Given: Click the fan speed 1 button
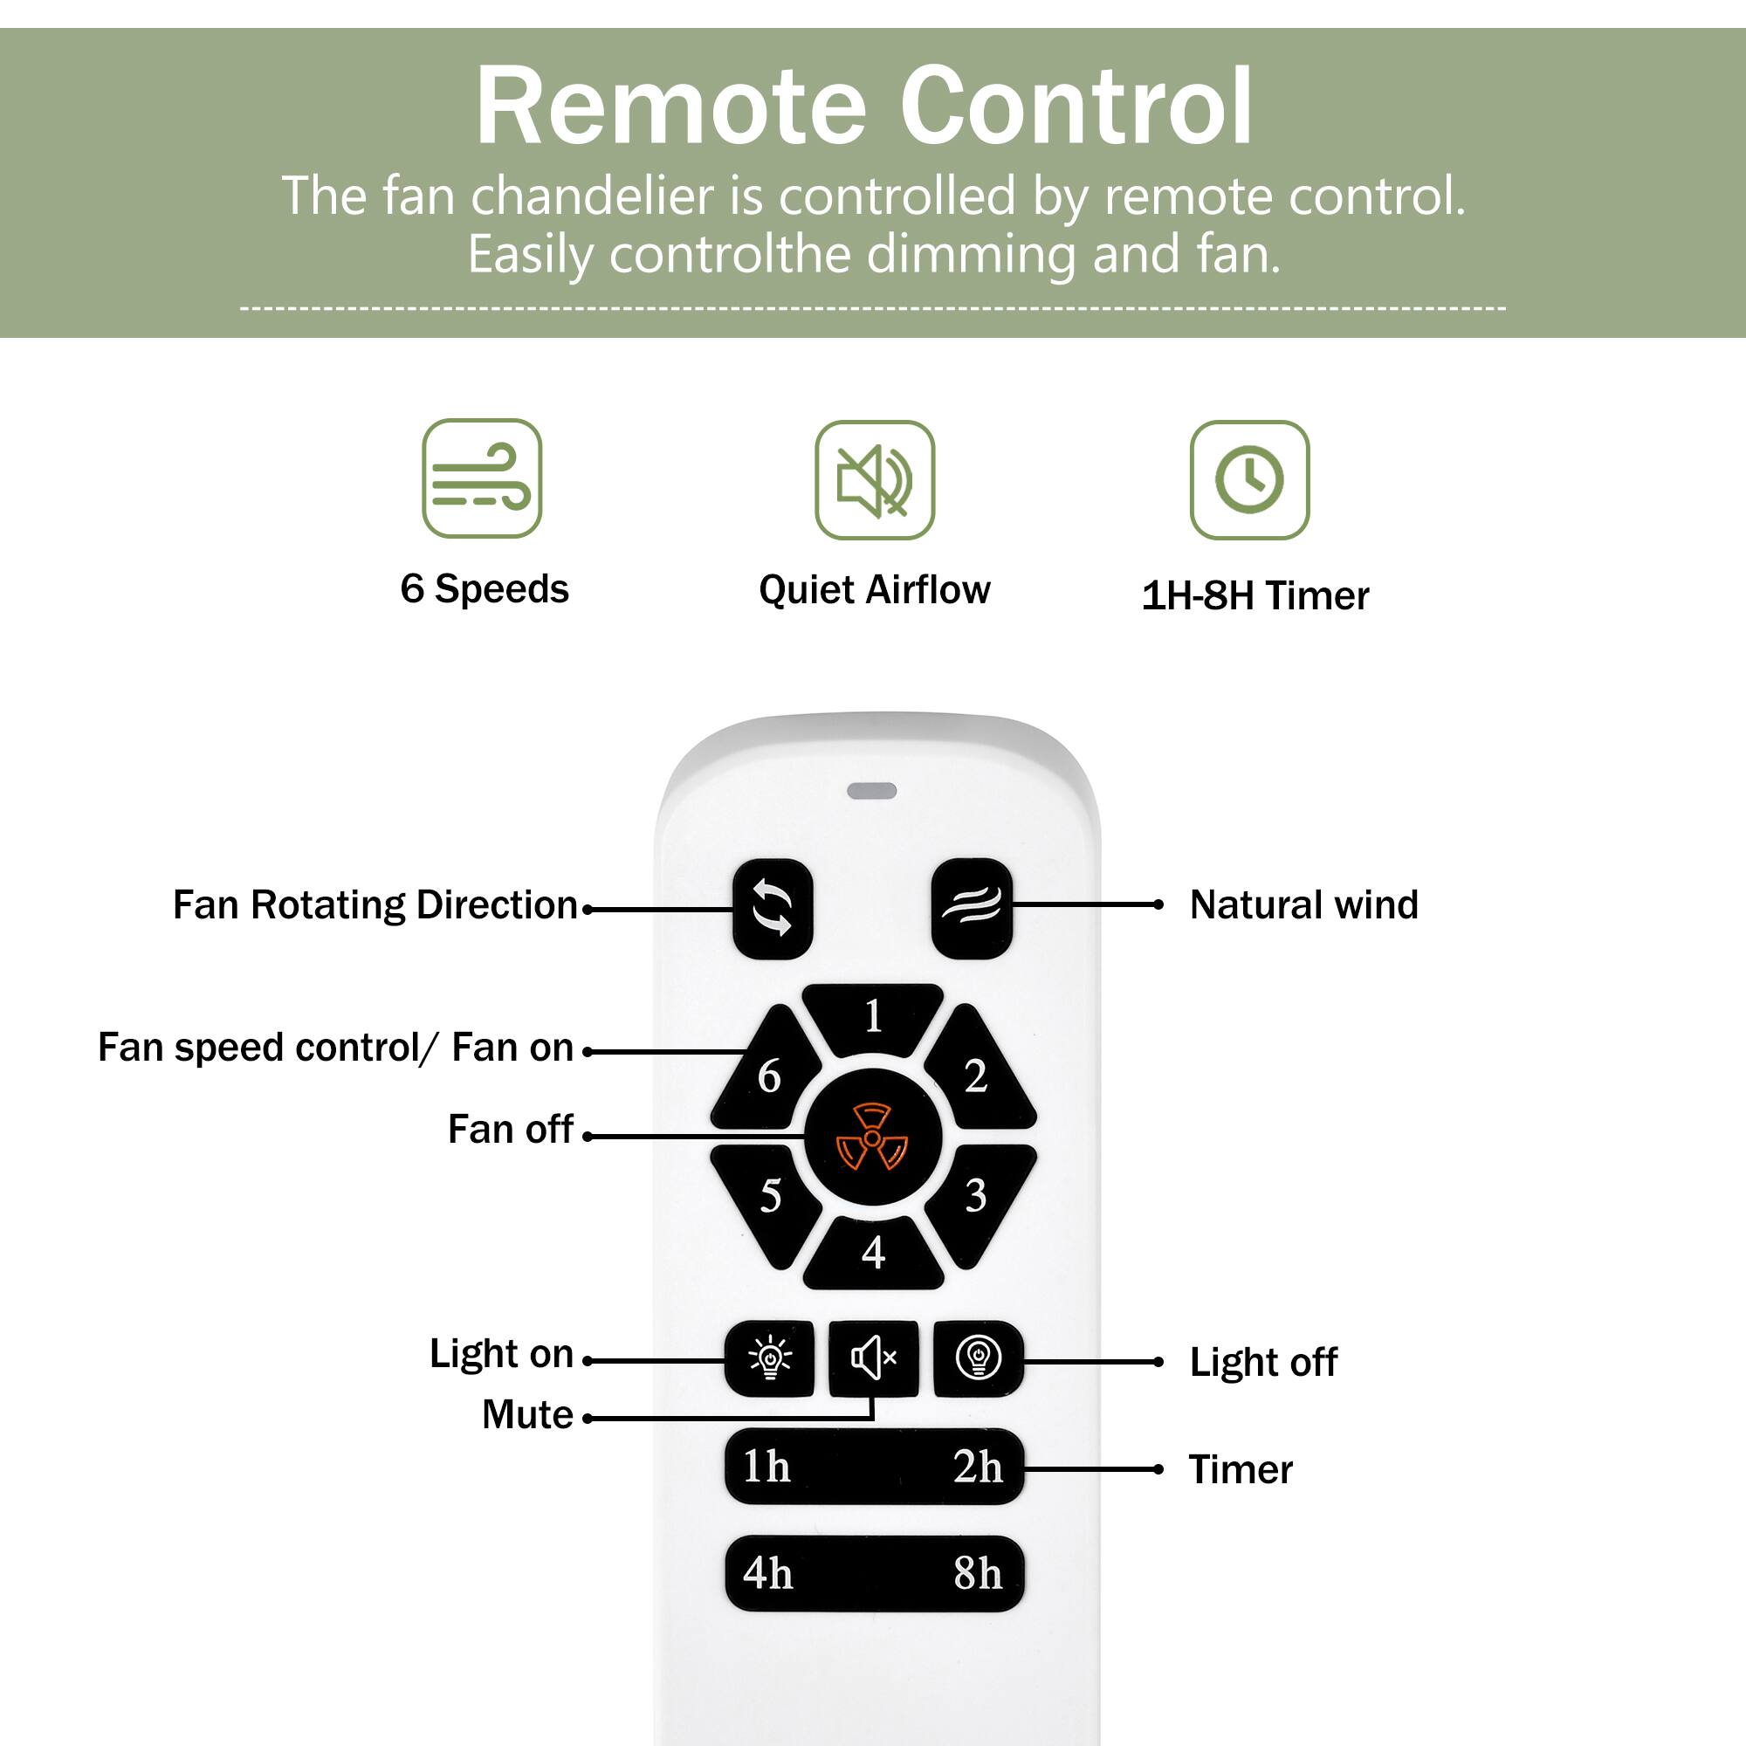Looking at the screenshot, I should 873,1018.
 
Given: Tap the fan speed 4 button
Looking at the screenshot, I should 873,1253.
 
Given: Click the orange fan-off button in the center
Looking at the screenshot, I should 872,1137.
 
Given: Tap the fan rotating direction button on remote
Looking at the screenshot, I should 773,908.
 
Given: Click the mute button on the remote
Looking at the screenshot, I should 873,1358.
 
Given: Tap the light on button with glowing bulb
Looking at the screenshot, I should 770,1358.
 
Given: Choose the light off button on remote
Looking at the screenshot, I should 978,1358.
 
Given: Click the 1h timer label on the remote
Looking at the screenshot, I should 766,1466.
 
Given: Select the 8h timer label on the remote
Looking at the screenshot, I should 978,1573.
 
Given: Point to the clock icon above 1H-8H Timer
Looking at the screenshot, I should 1249,480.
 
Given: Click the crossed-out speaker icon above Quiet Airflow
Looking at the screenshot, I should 874,480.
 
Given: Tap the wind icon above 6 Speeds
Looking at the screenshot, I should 482,478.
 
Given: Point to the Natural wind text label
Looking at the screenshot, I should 1303,904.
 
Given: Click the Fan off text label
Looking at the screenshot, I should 511,1129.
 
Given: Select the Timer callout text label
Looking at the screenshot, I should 1240,1469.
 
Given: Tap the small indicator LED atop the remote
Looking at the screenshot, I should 872,791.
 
